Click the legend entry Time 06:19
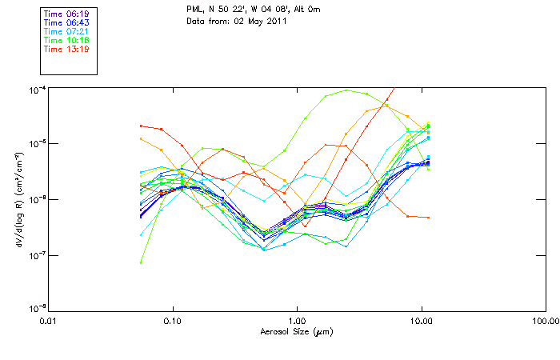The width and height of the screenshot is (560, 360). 66,14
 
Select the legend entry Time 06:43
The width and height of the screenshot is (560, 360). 66,22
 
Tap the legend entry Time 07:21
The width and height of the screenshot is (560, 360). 66,31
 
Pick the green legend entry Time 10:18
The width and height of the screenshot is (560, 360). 66,40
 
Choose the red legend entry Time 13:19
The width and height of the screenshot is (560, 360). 66,49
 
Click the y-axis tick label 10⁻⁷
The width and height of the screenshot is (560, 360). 37,255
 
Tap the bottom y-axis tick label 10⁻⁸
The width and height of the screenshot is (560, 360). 37,309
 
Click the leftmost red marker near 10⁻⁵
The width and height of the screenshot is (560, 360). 141,126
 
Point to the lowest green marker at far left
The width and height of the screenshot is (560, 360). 141,262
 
